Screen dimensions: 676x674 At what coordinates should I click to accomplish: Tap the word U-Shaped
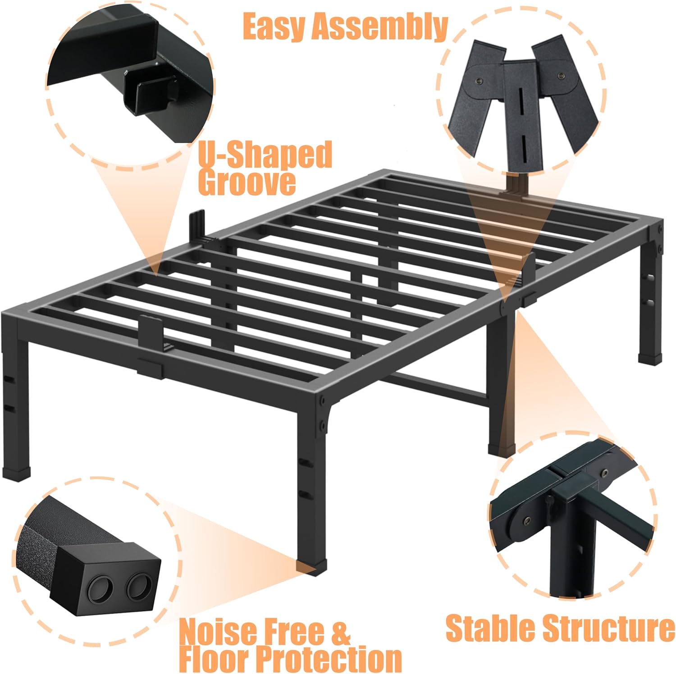pos(265,155)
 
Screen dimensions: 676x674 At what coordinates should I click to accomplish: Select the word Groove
pos(247,182)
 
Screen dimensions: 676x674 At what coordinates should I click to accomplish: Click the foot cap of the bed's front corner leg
pos(306,567)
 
